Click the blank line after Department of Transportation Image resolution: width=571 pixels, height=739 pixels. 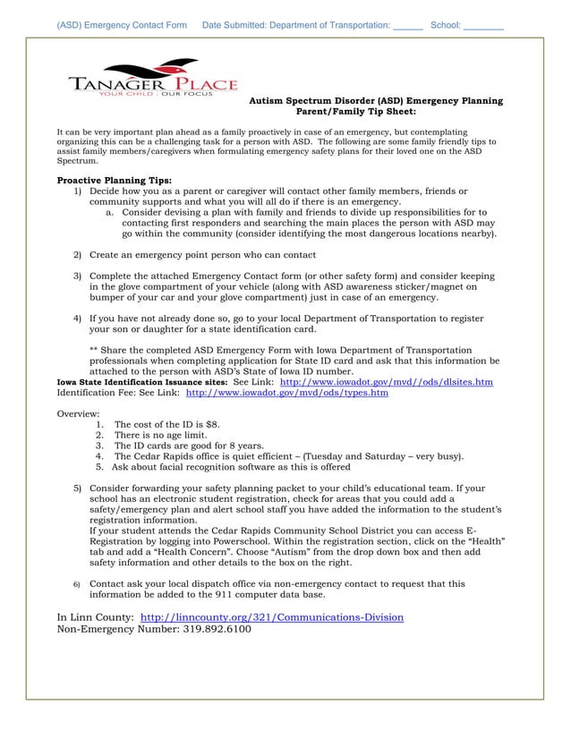point(408,27)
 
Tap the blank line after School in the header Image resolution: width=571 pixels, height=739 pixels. point(483,27)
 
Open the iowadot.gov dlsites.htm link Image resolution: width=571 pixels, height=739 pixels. point(387,381)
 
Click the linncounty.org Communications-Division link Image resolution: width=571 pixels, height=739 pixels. point(272,617)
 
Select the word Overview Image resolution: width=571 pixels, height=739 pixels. point(79,413)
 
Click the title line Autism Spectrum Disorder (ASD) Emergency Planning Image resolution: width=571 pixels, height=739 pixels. point(375,101)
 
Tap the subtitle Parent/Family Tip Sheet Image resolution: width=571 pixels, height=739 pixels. point(355,112)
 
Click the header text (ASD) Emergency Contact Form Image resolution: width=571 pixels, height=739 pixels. point(122,26)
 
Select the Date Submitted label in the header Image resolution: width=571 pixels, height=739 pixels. point(239,26)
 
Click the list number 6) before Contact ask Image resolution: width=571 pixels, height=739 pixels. point(77,584)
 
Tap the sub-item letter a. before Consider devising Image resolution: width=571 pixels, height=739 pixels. point(110,213)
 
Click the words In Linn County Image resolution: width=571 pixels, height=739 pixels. point(95,617)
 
